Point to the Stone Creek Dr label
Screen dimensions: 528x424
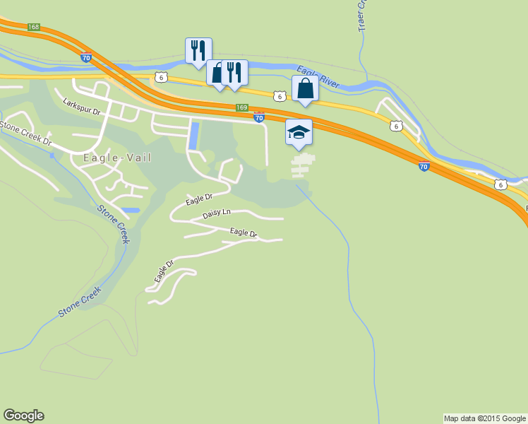pos(26,132)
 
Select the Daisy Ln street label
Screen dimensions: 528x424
pos(217,213)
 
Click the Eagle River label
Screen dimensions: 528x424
pos(318,76)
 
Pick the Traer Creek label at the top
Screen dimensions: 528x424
pos(362,14)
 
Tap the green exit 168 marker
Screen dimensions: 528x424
pos(34,27)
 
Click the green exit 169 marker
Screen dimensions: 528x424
pos(241,107)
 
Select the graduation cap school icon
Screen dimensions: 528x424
pos(299,132)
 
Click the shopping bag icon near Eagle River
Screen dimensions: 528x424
pos(305,88)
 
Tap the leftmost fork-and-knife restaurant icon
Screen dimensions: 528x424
pos(198,50)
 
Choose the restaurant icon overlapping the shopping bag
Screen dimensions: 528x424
pos(234,72)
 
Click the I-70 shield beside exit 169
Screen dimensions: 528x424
pos(259,118)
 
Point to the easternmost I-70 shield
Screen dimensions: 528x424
pos(423,167)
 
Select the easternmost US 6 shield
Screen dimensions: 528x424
pos(500,184)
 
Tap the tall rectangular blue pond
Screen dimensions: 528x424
pos(193,135)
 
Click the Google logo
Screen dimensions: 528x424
pos(23,416)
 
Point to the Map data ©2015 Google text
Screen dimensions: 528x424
pos(484,418)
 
